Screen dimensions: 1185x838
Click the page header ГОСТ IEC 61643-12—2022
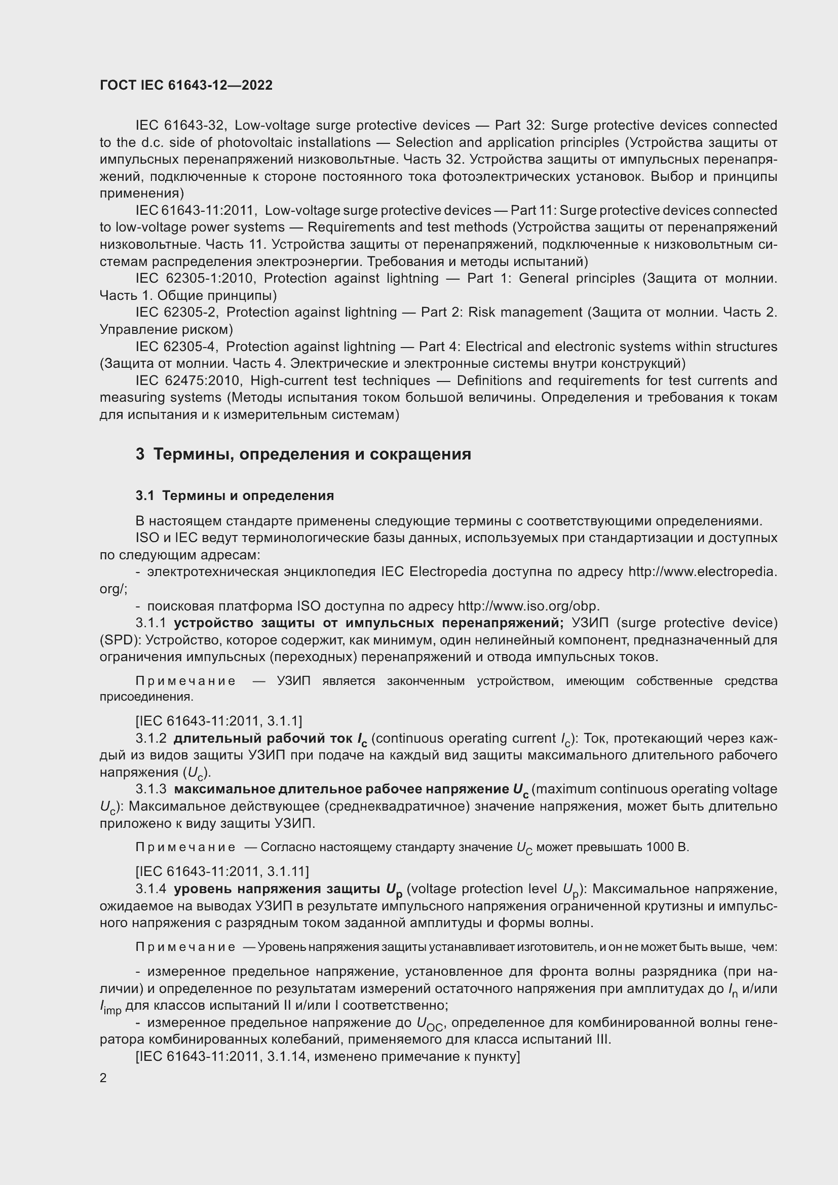186,85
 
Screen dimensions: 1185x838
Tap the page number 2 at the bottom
103,1078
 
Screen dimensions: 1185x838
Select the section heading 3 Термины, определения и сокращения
303,454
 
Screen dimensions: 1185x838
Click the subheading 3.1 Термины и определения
235,496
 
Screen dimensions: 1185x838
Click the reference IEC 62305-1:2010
195,279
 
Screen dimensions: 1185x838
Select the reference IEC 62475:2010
188,381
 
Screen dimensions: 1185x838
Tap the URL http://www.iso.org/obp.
528,606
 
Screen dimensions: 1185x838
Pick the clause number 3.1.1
150,623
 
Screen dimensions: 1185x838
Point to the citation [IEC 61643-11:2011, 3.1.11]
222,872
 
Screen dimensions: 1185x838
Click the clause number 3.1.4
150,889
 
